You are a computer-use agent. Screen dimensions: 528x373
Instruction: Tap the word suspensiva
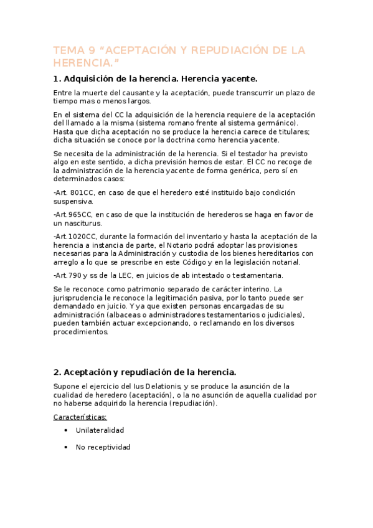click(73, 201)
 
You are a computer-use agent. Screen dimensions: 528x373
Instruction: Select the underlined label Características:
click(80, 417)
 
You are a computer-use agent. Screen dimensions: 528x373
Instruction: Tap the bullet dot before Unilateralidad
click(66, 430)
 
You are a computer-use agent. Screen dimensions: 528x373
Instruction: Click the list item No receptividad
click(103, 447)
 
